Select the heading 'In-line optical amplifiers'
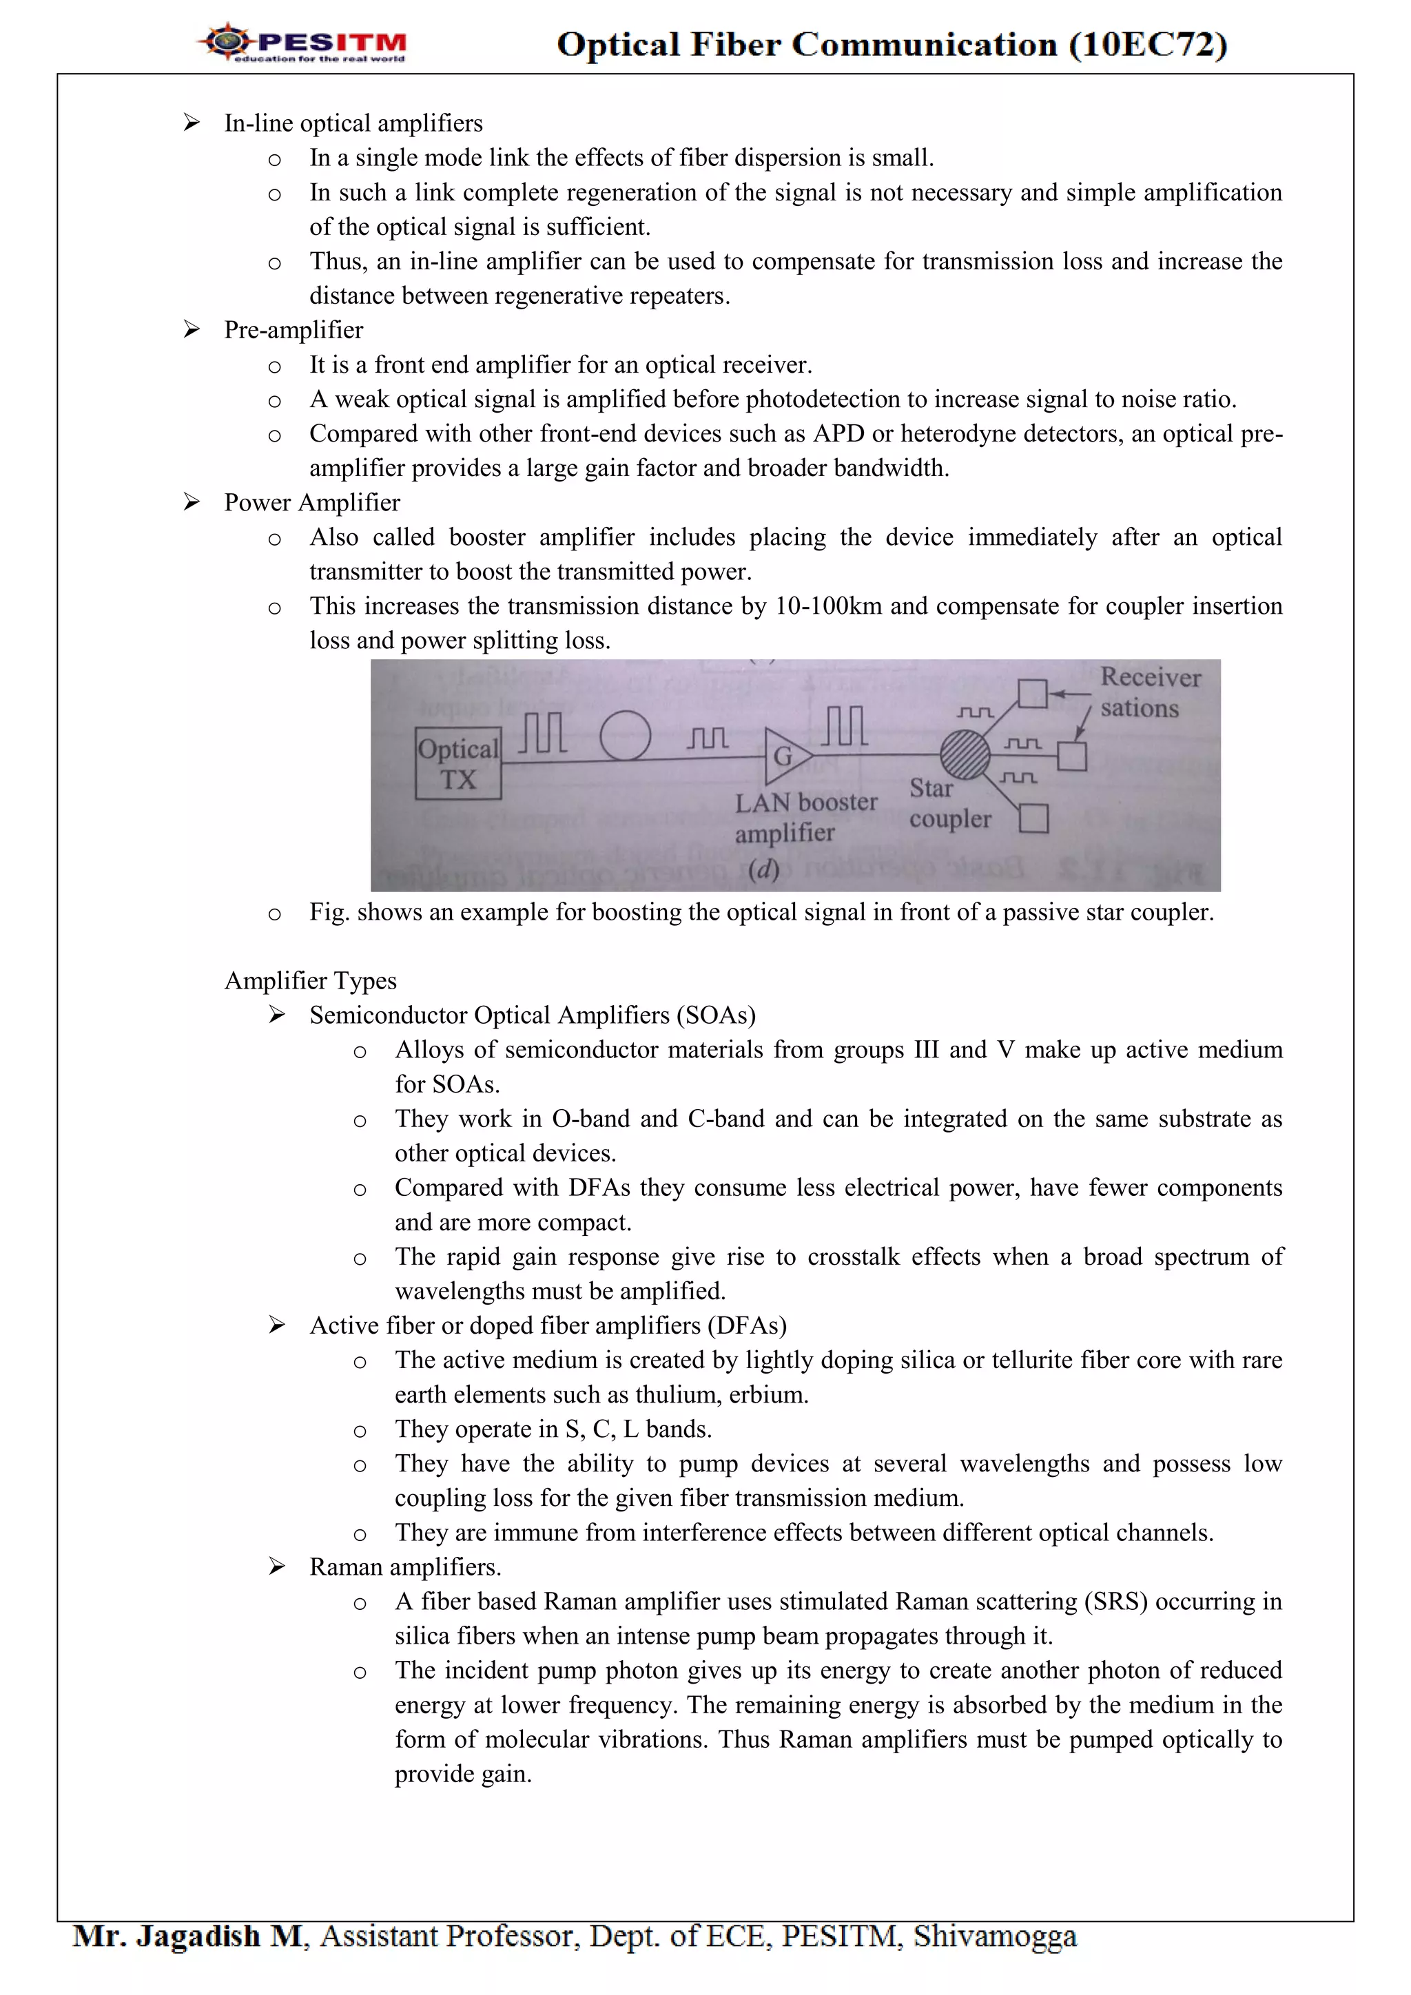pos(353,123)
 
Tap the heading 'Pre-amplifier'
pos(293,330)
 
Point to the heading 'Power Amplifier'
pos(312,502)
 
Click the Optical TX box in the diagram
pos(458,763)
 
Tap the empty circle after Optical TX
pos(626,736)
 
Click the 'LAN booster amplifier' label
pos(805,817)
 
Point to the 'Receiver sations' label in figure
pos(1149,692)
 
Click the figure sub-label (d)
pos(763,869)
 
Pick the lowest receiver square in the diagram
pos(1033,818)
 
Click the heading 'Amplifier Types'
pos(310,980)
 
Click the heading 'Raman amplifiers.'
pos(405,1567)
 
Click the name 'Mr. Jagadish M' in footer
pos(189,1936)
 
